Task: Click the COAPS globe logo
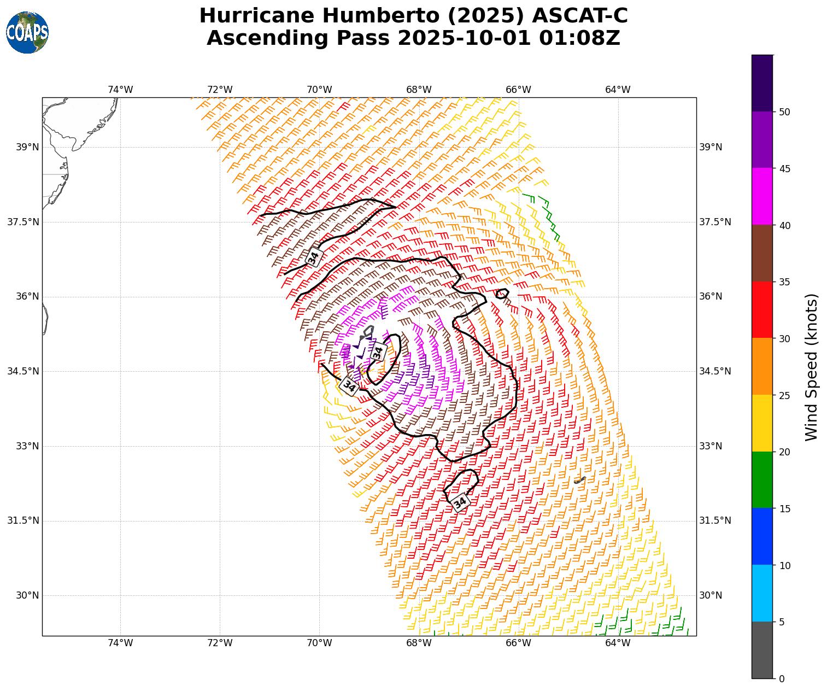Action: (27, 32)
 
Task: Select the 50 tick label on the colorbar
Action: (785, 112)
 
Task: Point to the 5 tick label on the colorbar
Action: (782, 622)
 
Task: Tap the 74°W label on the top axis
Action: (120, 90)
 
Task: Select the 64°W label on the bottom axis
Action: (618, 643)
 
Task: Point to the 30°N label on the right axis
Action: (711, 595)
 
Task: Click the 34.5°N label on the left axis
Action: (23, 371)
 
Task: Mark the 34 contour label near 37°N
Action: (313, 257)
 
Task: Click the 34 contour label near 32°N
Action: (461, 501)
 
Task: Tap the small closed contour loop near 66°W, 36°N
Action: (502, 294)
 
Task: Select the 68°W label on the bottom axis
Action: (419, 643)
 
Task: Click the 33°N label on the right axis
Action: (711, 446)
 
